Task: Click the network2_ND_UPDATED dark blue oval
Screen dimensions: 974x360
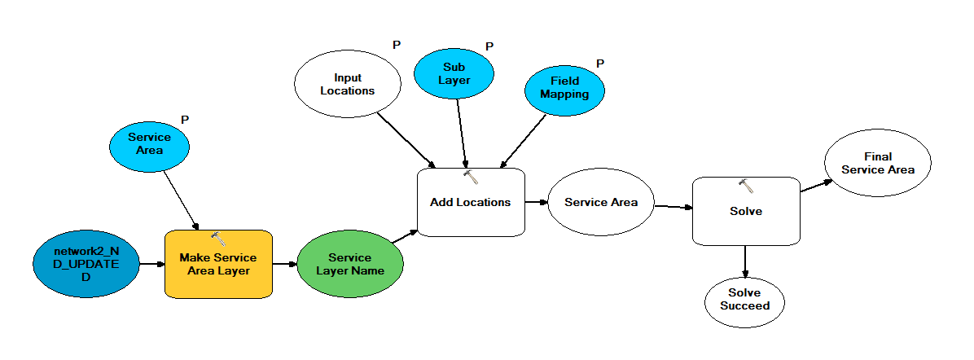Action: [x=86, y=264]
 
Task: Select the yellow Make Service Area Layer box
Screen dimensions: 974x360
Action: [x=218, y=264]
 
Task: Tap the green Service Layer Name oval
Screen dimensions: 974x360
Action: [x=350, y=264]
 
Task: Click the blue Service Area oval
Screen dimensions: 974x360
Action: [x=149, y=143]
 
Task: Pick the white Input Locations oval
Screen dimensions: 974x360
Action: [x=347, y=84]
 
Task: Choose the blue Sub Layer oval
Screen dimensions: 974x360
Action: [x=454, y=73]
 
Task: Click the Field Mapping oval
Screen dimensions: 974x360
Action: [x=564, y=88]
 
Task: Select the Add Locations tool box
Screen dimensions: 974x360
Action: [x=471, y=203]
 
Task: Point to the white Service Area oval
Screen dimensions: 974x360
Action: [x=601, y=202]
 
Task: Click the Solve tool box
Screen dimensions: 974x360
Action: [x=746, y=211]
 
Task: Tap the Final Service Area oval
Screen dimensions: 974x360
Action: [x=878, y=163]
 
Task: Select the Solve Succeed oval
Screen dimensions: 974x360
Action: [x=745, y=300]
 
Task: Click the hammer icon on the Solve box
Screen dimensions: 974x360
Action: [x=746, y=185]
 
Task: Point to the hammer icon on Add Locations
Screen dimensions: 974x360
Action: [x=471, y=177]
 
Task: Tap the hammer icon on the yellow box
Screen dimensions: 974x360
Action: [x=218, y=238]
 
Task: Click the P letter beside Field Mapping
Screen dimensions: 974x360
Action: [x=600, y=64]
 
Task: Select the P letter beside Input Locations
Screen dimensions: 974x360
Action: [x=397, y=46]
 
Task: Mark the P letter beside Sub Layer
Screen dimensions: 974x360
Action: [x=489, y=46]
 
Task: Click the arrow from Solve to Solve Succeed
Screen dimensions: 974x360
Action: [x=745, y=261]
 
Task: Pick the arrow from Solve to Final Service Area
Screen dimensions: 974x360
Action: [x=816, y=186]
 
